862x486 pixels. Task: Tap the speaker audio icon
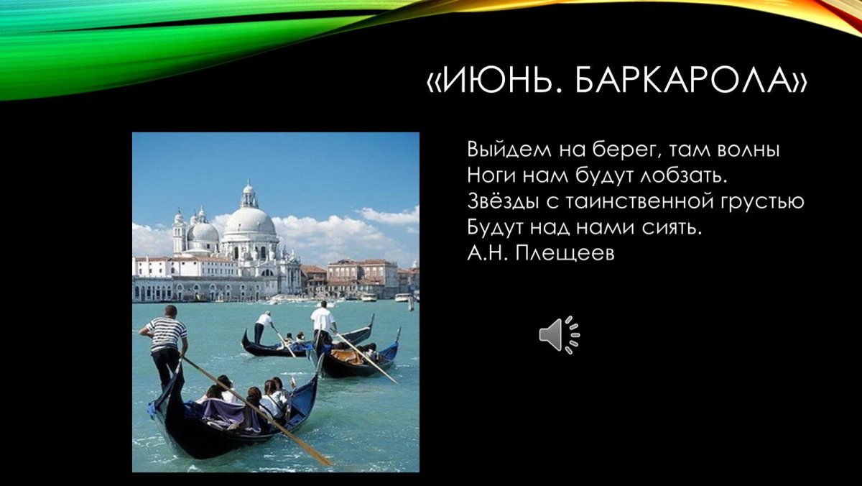559,335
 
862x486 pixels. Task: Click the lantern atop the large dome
249,195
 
